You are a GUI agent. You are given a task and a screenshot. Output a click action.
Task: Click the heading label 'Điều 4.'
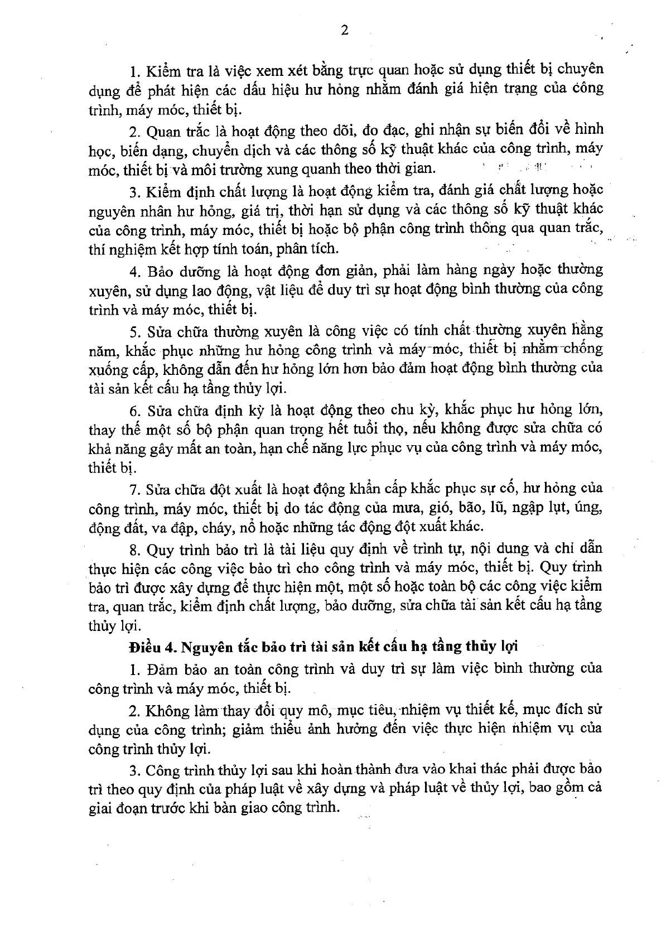149,647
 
